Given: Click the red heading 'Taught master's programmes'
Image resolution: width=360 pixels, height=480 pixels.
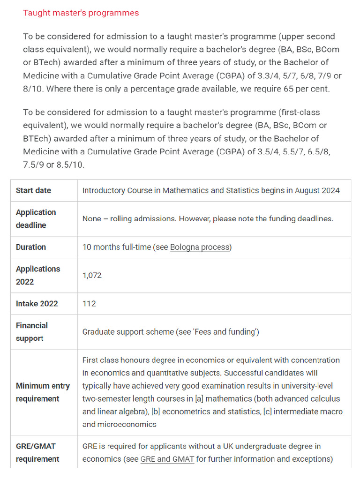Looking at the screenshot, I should pos(81,13).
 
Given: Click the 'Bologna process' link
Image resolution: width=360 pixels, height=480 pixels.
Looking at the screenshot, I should pos(200,247).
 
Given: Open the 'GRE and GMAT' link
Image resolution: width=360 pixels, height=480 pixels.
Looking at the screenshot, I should pos(167,459).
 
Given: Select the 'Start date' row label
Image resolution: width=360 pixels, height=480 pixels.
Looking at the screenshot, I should pos(33,190).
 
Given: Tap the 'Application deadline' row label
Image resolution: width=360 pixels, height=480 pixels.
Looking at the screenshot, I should pos(36,218).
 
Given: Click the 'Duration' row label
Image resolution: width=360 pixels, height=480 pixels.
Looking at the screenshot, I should pos(31,247).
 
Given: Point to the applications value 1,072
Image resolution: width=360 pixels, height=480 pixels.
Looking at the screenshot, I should pos(92,275).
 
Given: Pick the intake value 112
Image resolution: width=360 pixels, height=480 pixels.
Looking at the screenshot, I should pos(89,303).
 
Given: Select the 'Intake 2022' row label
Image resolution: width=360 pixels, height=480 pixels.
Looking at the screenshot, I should pos(37,303).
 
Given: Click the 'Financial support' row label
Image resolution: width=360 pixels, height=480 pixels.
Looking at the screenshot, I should pos(32,331).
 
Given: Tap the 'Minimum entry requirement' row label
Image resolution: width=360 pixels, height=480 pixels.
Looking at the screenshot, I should pos(43,392).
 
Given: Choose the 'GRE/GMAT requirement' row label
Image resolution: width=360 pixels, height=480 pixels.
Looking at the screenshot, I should pos(37,452).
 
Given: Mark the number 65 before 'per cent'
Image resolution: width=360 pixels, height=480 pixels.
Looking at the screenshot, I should pos(290,89).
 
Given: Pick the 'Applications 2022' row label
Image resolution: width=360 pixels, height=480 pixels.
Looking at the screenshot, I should pos(38,275).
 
